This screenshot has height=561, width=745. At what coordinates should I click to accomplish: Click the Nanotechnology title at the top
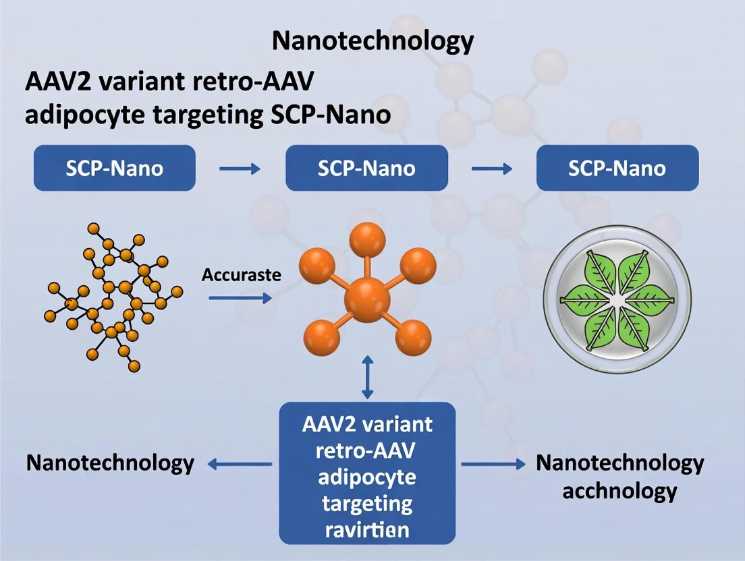[x=373, y=42]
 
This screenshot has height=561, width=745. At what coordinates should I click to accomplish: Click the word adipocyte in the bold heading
[x=83, y=115]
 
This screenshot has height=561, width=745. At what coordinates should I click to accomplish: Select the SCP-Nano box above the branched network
[x=115, y=167]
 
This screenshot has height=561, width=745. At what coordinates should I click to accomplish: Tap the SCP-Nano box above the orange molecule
[x=366, y=167]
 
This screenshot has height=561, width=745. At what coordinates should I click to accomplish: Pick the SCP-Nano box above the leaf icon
[x=617, y=167]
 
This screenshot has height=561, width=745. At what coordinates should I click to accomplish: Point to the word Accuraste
[x=241, y=275]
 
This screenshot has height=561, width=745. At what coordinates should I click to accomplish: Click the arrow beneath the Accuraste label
[x=240, y=297]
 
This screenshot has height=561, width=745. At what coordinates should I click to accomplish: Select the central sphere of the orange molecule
[x=367, y=300]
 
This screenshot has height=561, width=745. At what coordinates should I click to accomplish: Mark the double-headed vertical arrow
[x=367, y=378]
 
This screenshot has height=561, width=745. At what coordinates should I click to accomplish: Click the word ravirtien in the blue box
[x=367, y=529]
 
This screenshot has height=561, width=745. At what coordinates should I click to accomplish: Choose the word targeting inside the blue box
[x=367, y=503]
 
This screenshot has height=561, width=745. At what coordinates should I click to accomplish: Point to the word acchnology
[x=619, y=490]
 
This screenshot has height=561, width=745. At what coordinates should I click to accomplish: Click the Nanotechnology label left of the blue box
[x=110, y=464]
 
